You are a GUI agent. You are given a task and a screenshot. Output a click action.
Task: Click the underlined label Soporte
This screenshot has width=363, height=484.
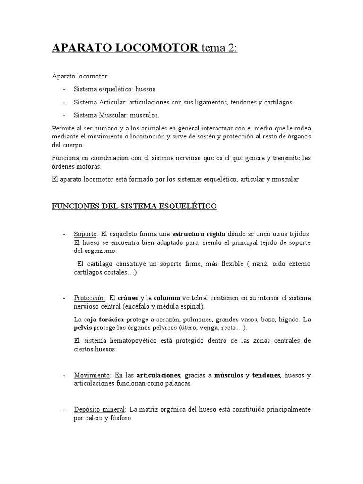coord(85,234)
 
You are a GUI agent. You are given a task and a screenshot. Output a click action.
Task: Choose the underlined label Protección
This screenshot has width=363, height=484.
coord(90,298)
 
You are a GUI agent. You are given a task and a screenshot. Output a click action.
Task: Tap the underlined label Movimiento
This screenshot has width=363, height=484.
coord(92,375)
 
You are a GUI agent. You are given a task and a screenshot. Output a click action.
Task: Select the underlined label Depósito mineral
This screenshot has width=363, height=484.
coord(99,409)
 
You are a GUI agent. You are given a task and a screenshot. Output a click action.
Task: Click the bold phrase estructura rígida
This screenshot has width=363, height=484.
coord(199,234)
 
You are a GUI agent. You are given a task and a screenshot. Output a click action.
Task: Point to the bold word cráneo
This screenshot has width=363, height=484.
coord(128,298)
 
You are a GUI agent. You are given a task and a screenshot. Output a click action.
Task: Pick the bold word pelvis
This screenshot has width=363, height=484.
coord(83,328)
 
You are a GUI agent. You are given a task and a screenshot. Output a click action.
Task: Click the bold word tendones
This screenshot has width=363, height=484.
coord(266,375)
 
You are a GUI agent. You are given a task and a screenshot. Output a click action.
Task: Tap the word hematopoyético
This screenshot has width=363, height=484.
coord(131,341)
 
